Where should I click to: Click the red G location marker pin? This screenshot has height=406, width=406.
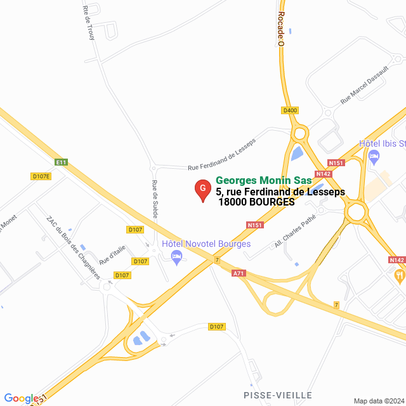point(202,190)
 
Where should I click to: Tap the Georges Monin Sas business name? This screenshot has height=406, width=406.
point(264,181)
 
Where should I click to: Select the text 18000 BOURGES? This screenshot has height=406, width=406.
point(257,202)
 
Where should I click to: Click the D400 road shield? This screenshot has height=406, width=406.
point(290,110)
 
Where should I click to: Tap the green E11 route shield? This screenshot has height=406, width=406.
point(61,162)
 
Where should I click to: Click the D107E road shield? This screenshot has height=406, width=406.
point(41,176)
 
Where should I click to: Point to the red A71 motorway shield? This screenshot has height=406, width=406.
point(239,273)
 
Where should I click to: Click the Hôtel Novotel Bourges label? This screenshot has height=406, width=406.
point(206,244)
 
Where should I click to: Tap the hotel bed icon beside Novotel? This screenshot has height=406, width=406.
point(176,256)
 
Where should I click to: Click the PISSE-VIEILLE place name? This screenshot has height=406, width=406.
point(278,395)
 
